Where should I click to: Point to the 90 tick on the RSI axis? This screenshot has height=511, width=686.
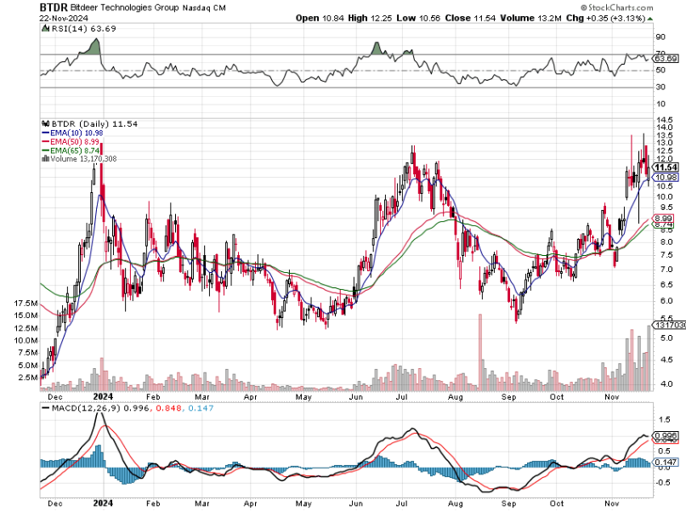tap(659, 37)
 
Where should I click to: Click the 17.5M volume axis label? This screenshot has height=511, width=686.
tap(26, 304)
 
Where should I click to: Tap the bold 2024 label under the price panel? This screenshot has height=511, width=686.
tap(102, 397)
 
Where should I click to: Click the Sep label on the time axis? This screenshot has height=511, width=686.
tap(509, 397)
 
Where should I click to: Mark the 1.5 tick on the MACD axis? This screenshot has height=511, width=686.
tap(660, 420)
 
